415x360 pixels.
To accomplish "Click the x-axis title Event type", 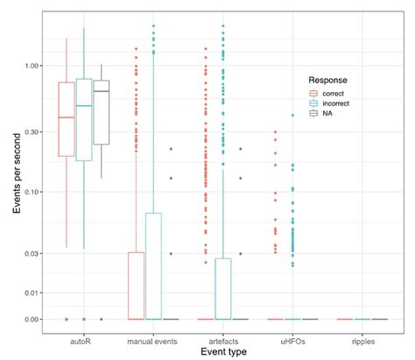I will (222, 351).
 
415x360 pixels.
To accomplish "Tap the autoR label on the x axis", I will (84, 335).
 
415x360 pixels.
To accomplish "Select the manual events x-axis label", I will (153, 335).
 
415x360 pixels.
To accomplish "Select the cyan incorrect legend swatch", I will (313, 102).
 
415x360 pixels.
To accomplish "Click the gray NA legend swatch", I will (313, 114).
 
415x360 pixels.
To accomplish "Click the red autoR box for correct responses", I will (67, 119).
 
